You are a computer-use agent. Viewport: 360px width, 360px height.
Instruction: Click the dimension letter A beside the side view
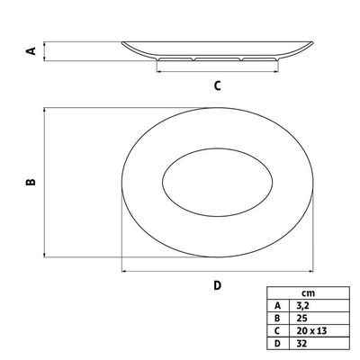31,51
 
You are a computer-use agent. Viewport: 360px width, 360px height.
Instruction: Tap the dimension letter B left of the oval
31,182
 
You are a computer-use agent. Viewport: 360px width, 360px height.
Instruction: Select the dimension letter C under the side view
218,85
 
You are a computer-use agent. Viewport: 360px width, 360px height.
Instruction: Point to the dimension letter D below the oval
218,285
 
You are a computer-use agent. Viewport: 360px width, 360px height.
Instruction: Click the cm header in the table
309,292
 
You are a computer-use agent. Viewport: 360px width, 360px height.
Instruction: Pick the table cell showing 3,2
302,306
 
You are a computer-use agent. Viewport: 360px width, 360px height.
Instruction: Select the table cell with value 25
302,318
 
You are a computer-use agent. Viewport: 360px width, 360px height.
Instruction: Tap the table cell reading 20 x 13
311,330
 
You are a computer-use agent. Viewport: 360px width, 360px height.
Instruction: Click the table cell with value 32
302,343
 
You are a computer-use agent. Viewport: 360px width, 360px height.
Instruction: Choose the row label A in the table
277,305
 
